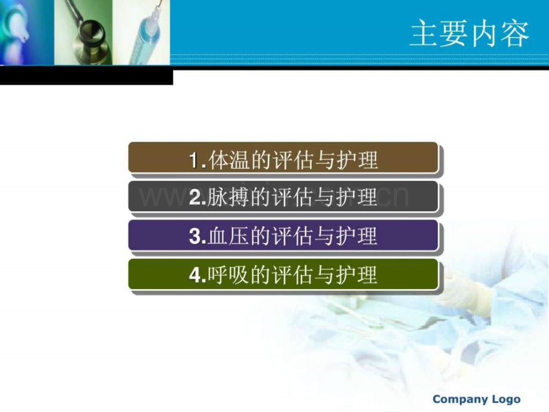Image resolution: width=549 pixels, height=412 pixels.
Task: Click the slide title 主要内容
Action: point(469,33)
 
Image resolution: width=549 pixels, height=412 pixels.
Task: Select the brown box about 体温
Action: point(283,158)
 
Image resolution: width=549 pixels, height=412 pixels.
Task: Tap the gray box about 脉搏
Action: point(283,196)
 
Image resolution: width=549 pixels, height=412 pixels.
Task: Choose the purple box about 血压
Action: point(283,235)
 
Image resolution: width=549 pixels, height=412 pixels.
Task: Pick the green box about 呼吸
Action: point(283,274)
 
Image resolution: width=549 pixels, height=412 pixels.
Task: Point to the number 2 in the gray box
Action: point(195,197)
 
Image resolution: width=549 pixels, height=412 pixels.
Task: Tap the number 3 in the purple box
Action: point(195,236)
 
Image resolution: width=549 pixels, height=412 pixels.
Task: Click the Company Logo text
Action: point(477,399)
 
